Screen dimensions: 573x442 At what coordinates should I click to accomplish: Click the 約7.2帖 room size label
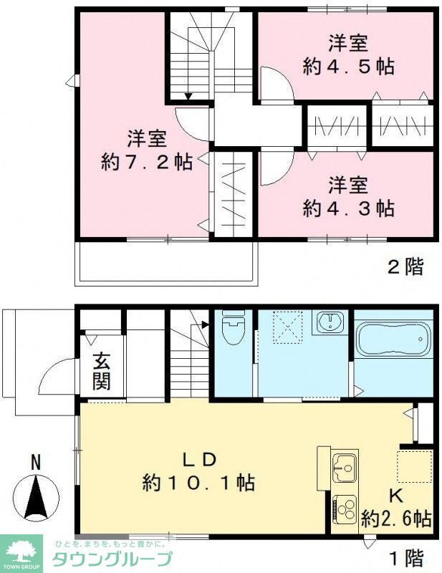pos(147,163)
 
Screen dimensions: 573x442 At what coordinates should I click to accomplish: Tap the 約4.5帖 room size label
pos(348,67)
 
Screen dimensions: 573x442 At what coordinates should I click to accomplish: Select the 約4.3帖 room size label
pos(348,208)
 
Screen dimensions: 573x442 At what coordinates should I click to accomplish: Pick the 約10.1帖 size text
pos(198,483)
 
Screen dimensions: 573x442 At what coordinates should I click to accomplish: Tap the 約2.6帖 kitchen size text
pos(396,517)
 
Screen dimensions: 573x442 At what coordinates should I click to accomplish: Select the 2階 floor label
pos(405,268)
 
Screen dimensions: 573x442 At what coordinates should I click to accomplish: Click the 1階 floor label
pos(405,557)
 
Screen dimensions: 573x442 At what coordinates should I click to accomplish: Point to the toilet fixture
pos(232,329)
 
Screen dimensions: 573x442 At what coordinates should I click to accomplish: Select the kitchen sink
pos(344,469)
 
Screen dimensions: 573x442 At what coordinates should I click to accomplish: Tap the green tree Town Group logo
pos(24,549)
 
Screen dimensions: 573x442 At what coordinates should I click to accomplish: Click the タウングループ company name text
pos(112,560)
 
